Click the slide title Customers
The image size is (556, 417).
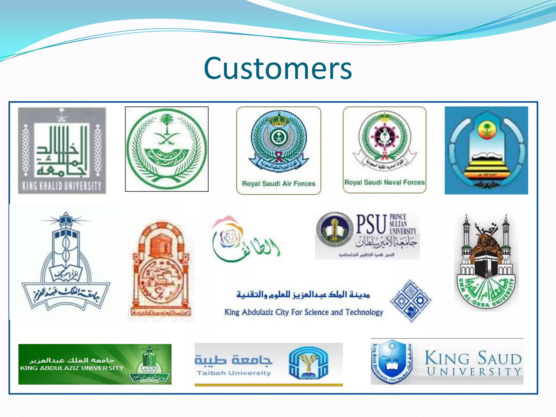coord(278,68)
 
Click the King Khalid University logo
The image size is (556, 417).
coord(62,150)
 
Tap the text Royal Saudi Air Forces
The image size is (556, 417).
coord(279,184)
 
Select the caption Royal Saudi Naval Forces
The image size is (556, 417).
coord(384,182)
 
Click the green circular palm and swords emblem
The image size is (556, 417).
coord(167,149)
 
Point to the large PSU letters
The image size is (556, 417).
coord(371,224)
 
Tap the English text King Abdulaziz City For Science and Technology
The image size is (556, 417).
coord(304,312)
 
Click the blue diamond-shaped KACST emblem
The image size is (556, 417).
coord(411,301)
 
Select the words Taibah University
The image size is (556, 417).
coord(234,373)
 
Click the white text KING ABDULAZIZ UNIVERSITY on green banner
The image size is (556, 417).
coord(72,368)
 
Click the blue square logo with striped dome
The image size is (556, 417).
coord(486,150)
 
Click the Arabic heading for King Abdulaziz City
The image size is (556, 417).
coord(303,294)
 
